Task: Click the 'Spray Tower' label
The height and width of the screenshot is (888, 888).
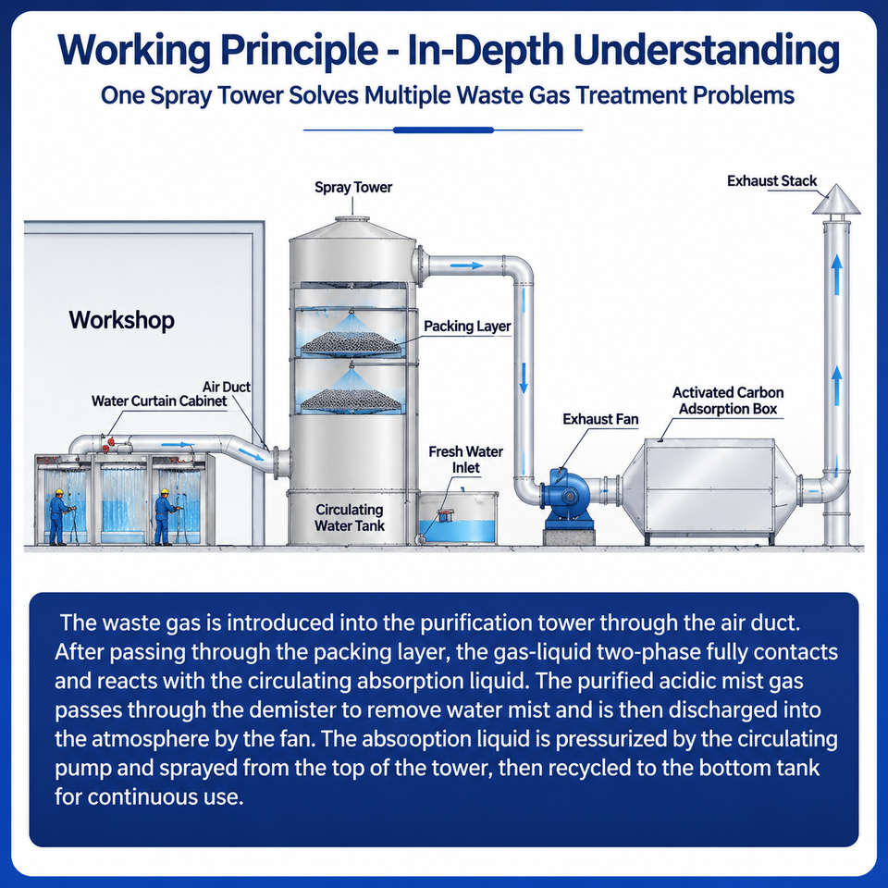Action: point(353,188)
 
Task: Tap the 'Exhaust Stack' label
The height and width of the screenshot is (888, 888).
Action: point(771,181)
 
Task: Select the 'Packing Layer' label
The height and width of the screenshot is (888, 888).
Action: point(467,327)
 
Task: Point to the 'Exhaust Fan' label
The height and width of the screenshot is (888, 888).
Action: point(600,419)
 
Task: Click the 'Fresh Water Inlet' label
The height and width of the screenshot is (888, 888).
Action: point(465,460)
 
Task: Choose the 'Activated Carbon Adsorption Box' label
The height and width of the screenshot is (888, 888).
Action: point(728,401)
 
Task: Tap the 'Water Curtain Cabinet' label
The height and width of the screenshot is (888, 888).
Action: point(159,401)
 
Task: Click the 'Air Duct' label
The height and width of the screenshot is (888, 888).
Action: point(227,387)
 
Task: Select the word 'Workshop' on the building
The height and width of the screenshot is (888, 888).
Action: point(122,320)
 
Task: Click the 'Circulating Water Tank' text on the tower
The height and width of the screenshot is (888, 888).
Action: point(350,518)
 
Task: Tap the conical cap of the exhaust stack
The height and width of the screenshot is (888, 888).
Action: point(836,200)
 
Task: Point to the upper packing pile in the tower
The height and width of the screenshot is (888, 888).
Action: point(351,341)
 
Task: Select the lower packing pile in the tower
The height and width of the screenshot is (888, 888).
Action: point(351,400)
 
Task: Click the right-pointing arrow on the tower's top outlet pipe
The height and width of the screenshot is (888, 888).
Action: point(466,265)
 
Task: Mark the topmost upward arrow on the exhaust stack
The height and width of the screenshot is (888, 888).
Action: point(836,275)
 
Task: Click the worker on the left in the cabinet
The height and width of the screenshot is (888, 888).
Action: point(58,517)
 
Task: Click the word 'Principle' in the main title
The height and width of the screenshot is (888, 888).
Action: point(299,51)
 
